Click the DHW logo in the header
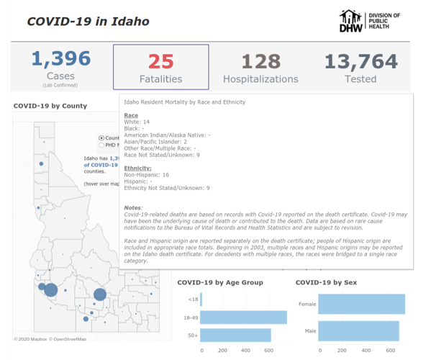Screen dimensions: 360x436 pos(351,21)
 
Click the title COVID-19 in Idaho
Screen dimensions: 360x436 pos(88,21)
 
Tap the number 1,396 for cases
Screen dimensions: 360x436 pos(60,60)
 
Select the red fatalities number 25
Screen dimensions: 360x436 pos(161,62)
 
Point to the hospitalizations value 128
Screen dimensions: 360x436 pos(260,62)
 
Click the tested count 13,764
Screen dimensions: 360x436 pos(360,62)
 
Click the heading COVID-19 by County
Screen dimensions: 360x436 pos(50,106)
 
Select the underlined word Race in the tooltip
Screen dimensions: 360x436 pos(131,115)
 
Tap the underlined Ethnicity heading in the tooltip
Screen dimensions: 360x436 pos(137,168)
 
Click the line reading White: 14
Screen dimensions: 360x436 pos(137,122)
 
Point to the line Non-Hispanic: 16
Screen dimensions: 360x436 pos(147,175)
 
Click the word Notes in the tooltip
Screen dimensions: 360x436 pos(133,207)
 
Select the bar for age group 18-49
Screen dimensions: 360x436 pos(244,317)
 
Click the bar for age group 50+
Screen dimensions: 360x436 pos(236,335)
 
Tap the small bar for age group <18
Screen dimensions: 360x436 pos(201,299)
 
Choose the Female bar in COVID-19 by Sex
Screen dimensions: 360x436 pos(361,305)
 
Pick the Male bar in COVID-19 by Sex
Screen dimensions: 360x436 pos(358,331)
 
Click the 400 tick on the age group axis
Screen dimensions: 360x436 pos(245,351)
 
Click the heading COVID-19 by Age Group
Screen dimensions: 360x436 pos(219,282)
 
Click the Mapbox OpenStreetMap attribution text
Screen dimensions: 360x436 pos(50,338)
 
